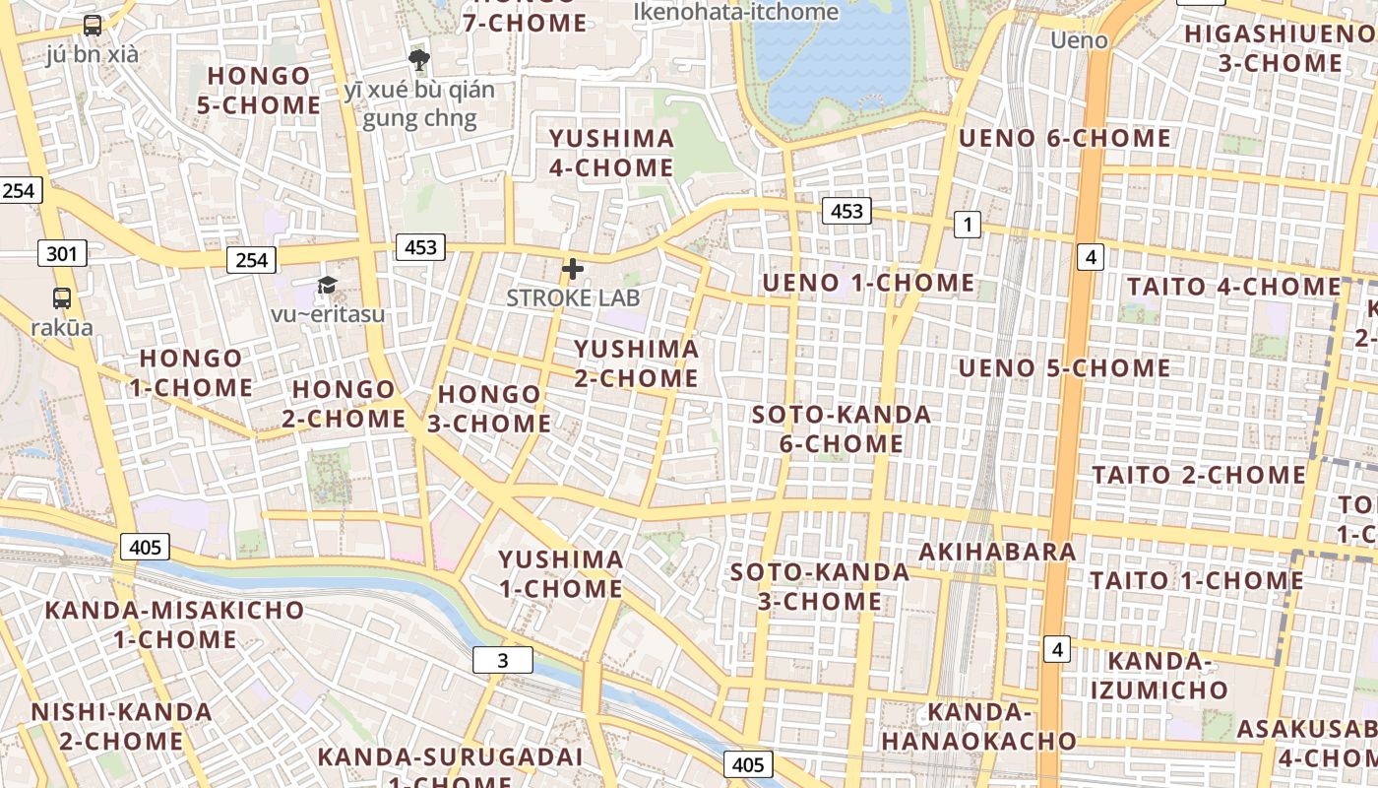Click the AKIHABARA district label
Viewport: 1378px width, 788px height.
[x=997, y=552]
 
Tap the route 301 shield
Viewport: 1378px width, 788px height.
[x=61, y=254]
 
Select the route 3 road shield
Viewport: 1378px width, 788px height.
[x=503, y=660]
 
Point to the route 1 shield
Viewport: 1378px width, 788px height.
[x=968, y=225]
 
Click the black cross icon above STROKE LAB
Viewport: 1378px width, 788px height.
[x=572, y=268]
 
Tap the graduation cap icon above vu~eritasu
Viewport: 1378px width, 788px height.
[x=327, y=286]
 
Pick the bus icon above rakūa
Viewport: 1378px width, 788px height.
[x=62, y=297]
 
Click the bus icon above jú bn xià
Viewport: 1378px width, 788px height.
[x=93, y=26]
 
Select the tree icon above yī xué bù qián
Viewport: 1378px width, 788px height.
[x=419, y=60]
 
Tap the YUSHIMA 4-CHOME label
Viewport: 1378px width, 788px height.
[x=611, y=153]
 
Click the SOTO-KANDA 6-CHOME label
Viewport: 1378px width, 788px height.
[x=842, y=428]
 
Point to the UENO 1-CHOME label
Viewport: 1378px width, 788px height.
[x=868, y=284]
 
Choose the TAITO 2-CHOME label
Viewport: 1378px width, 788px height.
[x=1199, y=475]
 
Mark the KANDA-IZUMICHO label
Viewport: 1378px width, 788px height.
[x=1159, y=675]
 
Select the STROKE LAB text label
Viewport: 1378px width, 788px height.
[x=573, y=297]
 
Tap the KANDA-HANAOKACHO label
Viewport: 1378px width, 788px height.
[x=978, y=726]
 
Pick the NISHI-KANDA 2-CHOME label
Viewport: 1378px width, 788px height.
[x=121, y=726]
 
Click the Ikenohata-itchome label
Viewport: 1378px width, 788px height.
[x=736, y=12]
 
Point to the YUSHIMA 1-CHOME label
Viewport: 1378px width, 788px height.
[x=561, y=574]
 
